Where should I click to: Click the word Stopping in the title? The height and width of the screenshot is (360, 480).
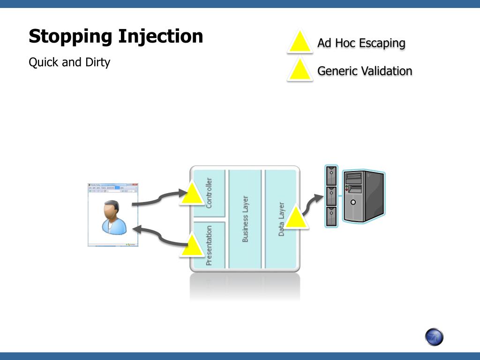70,37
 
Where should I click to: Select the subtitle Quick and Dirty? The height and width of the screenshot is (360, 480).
69,62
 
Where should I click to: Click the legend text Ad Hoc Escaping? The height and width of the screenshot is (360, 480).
361,43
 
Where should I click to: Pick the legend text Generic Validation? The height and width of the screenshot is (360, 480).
365,71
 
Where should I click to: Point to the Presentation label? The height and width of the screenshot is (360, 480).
209,245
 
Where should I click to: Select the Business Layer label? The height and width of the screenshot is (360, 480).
245,219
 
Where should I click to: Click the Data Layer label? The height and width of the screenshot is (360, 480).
281,219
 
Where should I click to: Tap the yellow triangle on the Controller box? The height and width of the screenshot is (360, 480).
191,195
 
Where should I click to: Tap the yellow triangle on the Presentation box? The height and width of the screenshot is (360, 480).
192,247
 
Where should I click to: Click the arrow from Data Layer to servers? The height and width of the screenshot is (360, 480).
313,203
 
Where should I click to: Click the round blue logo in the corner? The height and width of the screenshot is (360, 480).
434,337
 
